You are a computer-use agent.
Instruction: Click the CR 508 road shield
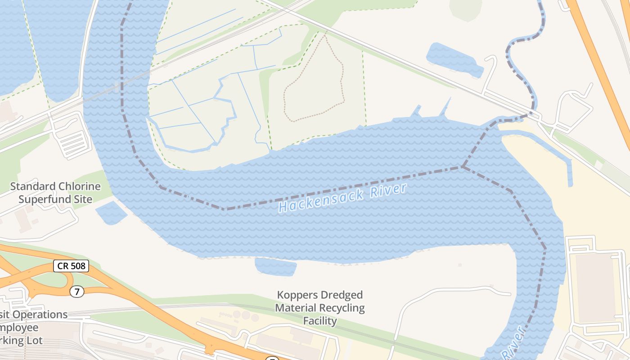(x=71, y=266)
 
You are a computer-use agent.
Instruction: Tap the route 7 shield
(x=77, y=292)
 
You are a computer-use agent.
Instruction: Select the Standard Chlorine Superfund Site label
(x=55, y=193)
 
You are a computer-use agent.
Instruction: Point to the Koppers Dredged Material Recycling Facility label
(x=320, y=308)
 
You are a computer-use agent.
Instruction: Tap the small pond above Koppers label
(x=275, y=266)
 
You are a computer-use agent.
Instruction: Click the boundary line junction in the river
(x=463, y=167)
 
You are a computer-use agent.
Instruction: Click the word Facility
(x=320, y=321)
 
